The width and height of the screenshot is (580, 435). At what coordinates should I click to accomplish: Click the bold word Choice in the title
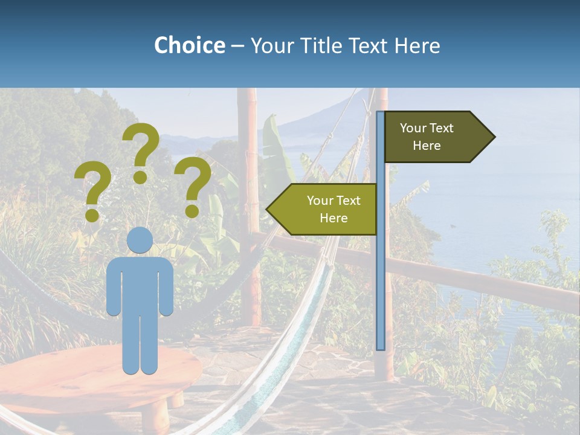click(189, 45)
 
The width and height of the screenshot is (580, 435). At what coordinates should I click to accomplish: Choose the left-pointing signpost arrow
click(323, 210)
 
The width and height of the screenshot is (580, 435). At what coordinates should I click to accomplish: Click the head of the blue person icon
click(140, 240)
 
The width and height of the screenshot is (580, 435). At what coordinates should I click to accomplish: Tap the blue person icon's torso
click(140, 284)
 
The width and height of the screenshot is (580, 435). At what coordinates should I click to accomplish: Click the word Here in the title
click(417, 45)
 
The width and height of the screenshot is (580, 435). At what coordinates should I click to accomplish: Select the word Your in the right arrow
click(413, 128)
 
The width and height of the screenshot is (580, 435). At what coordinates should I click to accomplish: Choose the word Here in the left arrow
click(333, 218)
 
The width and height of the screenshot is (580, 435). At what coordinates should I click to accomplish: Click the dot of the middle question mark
click(140, 177)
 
